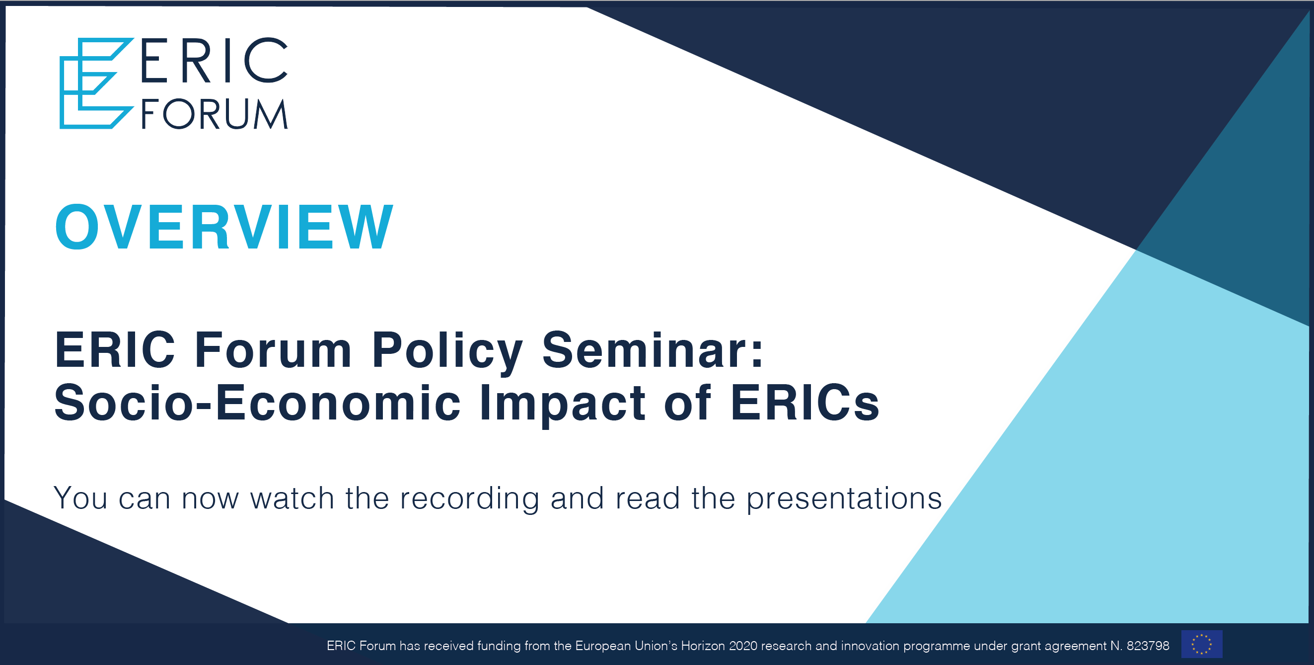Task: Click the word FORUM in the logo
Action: pos(215,114)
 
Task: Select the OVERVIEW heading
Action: pos(224,227)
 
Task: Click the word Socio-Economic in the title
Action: pos(258,403)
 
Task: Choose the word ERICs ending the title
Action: pos(805,403)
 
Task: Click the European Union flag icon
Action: pos(1202,644)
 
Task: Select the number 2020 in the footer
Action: pos(743,646)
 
